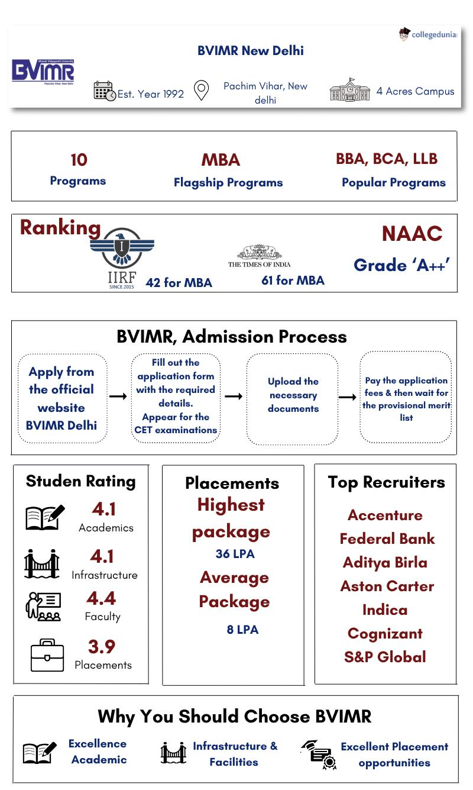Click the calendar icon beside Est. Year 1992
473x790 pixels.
pos(104,91)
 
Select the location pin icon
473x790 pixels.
pos(202,91)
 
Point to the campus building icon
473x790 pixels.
pos(349,90)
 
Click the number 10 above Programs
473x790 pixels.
pos(78,160)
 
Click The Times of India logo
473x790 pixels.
pos(259,257)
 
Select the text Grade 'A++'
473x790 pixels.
pos(402,265)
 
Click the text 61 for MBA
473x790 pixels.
pos(293,280)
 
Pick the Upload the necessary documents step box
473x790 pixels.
pos(293,398)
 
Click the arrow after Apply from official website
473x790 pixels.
pos(118,396)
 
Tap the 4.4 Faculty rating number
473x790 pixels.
pos(101,598)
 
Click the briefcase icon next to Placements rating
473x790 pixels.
pos(47,655)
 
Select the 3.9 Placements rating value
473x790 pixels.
pos(101,646)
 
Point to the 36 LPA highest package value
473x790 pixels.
pos(235,554)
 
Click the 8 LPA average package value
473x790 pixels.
pos(242,630)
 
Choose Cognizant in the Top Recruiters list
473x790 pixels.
pos(385,633)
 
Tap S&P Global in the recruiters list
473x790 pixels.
pos(385,657)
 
